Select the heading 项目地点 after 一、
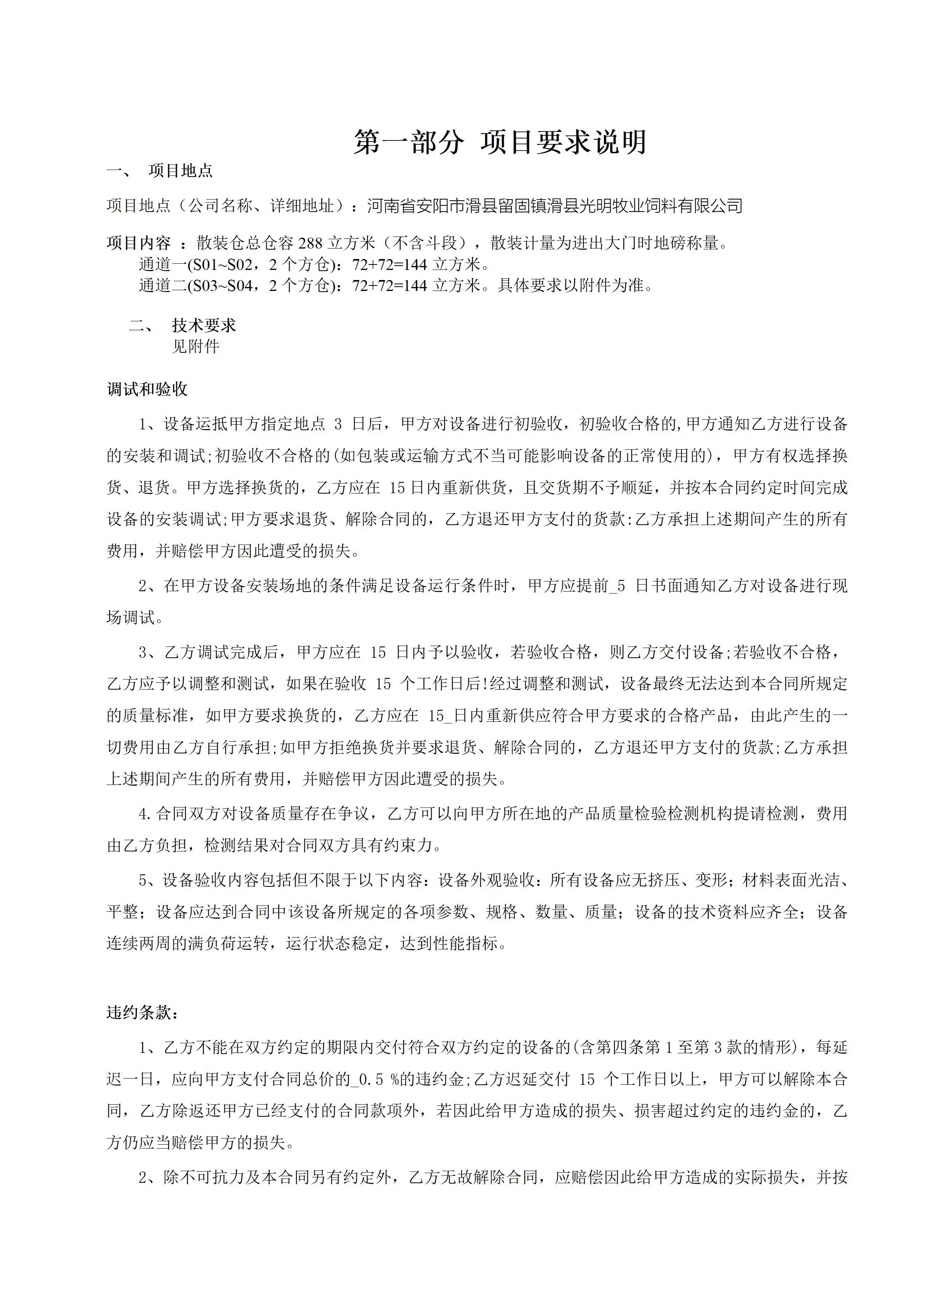180,171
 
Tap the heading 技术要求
204,325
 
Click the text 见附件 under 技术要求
196,346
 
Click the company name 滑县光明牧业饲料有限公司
653,205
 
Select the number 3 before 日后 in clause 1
338,424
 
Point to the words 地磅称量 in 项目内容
686,243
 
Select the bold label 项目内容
138,243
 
